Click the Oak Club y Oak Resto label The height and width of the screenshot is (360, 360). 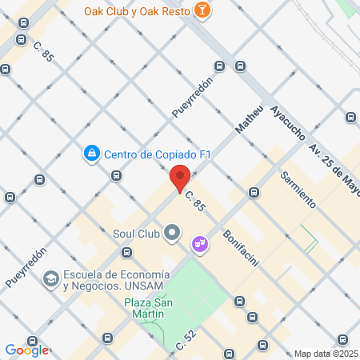(147, 10)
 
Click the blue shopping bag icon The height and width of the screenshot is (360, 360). (92, 152)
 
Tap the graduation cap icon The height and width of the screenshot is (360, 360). (50, 279)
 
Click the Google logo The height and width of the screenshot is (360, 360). (26, 350)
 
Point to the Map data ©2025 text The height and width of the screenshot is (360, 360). (326, 354)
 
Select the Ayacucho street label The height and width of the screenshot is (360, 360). (286, 123)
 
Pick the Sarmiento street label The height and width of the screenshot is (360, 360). (298, 189)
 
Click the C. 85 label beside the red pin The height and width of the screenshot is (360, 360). (195, 201)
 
